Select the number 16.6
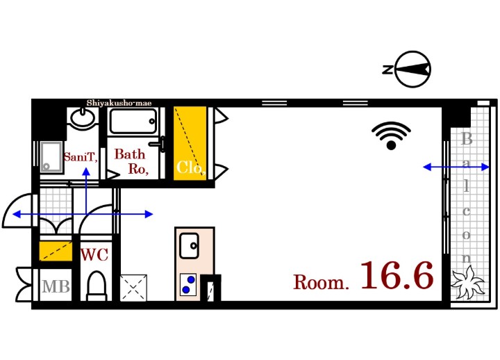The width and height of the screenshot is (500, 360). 397,276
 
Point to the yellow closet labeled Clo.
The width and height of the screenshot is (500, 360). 190,143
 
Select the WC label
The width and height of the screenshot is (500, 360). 94,255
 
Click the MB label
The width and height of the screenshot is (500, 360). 56,286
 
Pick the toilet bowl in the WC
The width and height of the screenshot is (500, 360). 96,285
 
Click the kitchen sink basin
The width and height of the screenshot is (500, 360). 189,245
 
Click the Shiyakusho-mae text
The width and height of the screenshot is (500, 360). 119,103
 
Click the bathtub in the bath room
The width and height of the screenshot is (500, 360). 134,122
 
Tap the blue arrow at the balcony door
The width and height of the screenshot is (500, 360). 456,167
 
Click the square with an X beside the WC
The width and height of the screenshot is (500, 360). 133,286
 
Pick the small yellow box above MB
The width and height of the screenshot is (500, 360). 56,250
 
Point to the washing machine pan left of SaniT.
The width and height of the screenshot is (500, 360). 50,156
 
